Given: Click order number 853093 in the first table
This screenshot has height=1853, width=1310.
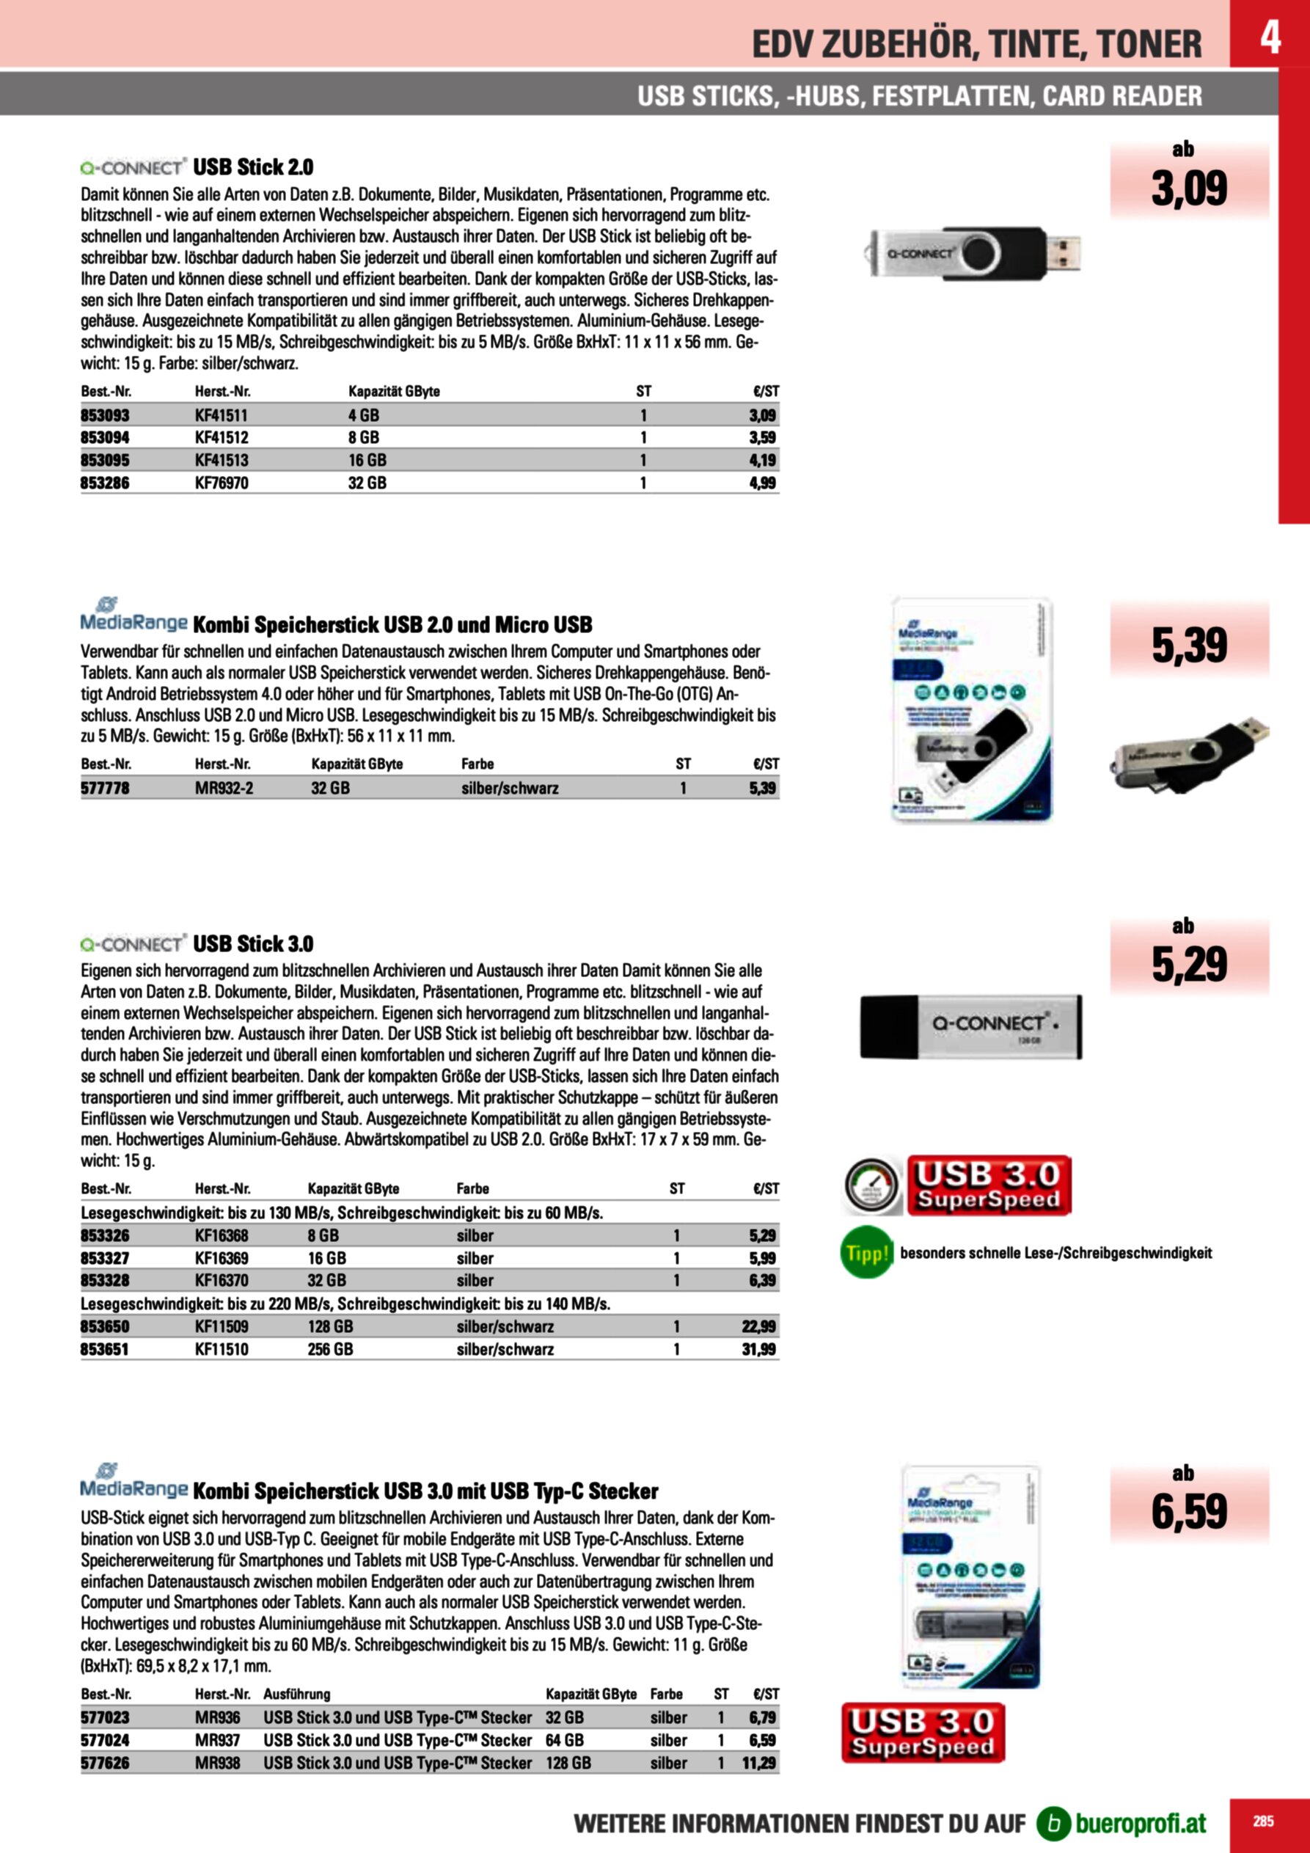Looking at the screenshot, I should click(x=105, y=416).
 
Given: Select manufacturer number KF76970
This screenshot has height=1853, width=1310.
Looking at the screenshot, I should click(x=222, y=483).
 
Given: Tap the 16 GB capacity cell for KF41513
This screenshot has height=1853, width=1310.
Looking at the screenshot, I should click(x=367, y=461).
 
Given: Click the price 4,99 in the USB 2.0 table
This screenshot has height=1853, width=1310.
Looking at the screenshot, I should click(x=762, y=483).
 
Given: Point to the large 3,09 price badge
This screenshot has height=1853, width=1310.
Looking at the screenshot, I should click(x=1188, y=188).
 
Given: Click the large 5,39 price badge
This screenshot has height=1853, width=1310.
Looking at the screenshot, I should click(x=1188, y=645).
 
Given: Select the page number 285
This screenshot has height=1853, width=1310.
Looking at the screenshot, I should click(x=1263, y=1821).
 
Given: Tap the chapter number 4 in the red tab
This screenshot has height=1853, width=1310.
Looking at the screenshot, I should click(x=1270, y=37).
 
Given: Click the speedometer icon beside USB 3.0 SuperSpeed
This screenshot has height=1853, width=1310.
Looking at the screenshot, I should click(x=871, y=1186).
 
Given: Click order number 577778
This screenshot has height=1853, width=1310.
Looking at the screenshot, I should click(x=105, y=789).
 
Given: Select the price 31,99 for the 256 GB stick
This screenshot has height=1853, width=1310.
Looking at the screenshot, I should click(x=758, y=1349).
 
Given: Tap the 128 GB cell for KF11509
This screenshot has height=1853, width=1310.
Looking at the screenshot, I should click(x=330, y=1327).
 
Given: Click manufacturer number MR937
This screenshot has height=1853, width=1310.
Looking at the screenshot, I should click(x=217, y=1741).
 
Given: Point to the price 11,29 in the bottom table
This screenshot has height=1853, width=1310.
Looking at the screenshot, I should click(x=758, y=1764).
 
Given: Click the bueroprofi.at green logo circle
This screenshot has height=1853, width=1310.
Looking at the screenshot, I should click(x=1053, y=1823).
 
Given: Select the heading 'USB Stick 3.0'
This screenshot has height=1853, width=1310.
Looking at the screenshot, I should click(x=252, y=943).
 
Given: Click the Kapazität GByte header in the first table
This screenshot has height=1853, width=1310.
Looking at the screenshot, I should click(x=394, y=392).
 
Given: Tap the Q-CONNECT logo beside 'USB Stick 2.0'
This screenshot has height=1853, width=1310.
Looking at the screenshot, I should click(x=133, y=168).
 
